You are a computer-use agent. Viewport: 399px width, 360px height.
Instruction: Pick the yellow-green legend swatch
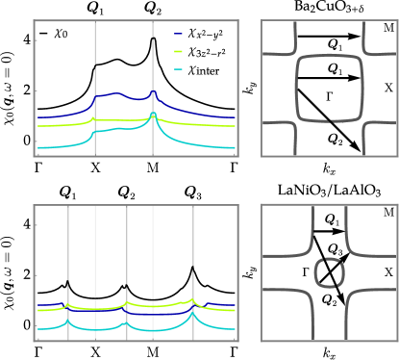179,52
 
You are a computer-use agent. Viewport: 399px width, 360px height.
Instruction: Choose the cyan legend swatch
179,69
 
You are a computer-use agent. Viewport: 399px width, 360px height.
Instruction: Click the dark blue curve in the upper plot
115,94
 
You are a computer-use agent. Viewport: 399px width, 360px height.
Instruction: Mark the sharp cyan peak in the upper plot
154,116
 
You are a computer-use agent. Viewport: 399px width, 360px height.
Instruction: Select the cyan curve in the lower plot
96,329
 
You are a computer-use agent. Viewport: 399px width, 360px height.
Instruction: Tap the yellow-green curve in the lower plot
96,309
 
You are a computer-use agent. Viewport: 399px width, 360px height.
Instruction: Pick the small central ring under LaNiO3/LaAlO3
329,272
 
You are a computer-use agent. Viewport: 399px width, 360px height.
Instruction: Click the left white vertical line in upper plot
94,58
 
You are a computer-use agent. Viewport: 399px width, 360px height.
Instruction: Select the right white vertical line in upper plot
154,58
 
